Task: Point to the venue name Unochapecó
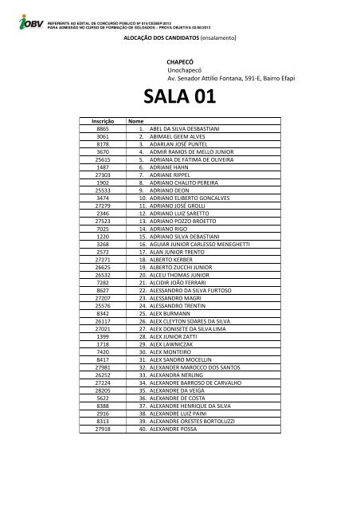[x=184, y=70]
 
